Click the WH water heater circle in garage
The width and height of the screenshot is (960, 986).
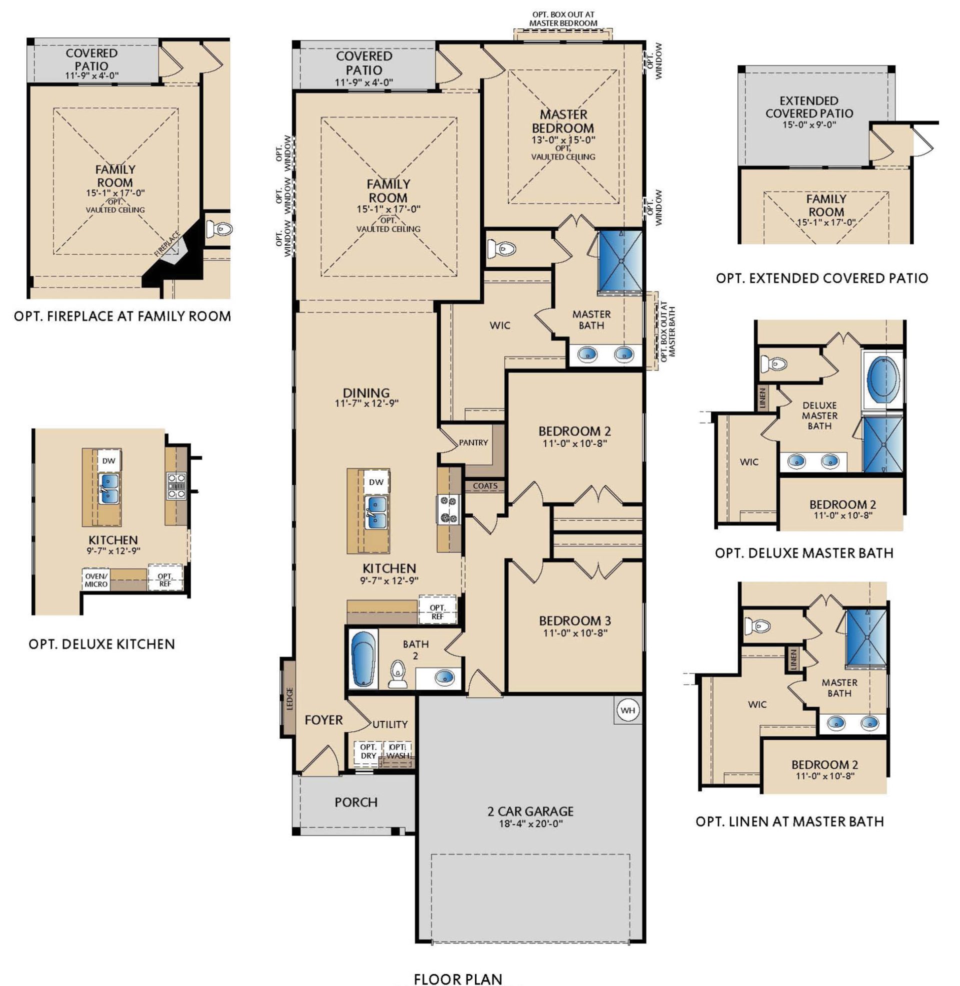point(627,710)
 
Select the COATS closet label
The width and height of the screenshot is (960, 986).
point(485,486)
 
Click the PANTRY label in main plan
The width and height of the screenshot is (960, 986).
point(473,442)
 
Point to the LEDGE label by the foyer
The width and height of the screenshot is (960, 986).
point(289,698)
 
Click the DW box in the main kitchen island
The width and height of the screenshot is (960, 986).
point(376,482)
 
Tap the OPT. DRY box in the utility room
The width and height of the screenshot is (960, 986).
point(368,751)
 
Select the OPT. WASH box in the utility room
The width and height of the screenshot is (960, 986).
point(398,751)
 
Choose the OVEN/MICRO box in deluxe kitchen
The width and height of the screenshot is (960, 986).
point(96,579)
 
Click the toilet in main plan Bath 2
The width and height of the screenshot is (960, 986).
point(397,675)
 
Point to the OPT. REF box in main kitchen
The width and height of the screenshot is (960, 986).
point(437,612)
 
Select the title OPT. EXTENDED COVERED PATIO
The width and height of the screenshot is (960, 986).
point(822,278)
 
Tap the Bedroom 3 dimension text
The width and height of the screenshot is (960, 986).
point(575,632)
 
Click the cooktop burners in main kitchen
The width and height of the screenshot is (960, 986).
point(447,509)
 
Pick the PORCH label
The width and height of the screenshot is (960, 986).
point(356,802)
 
